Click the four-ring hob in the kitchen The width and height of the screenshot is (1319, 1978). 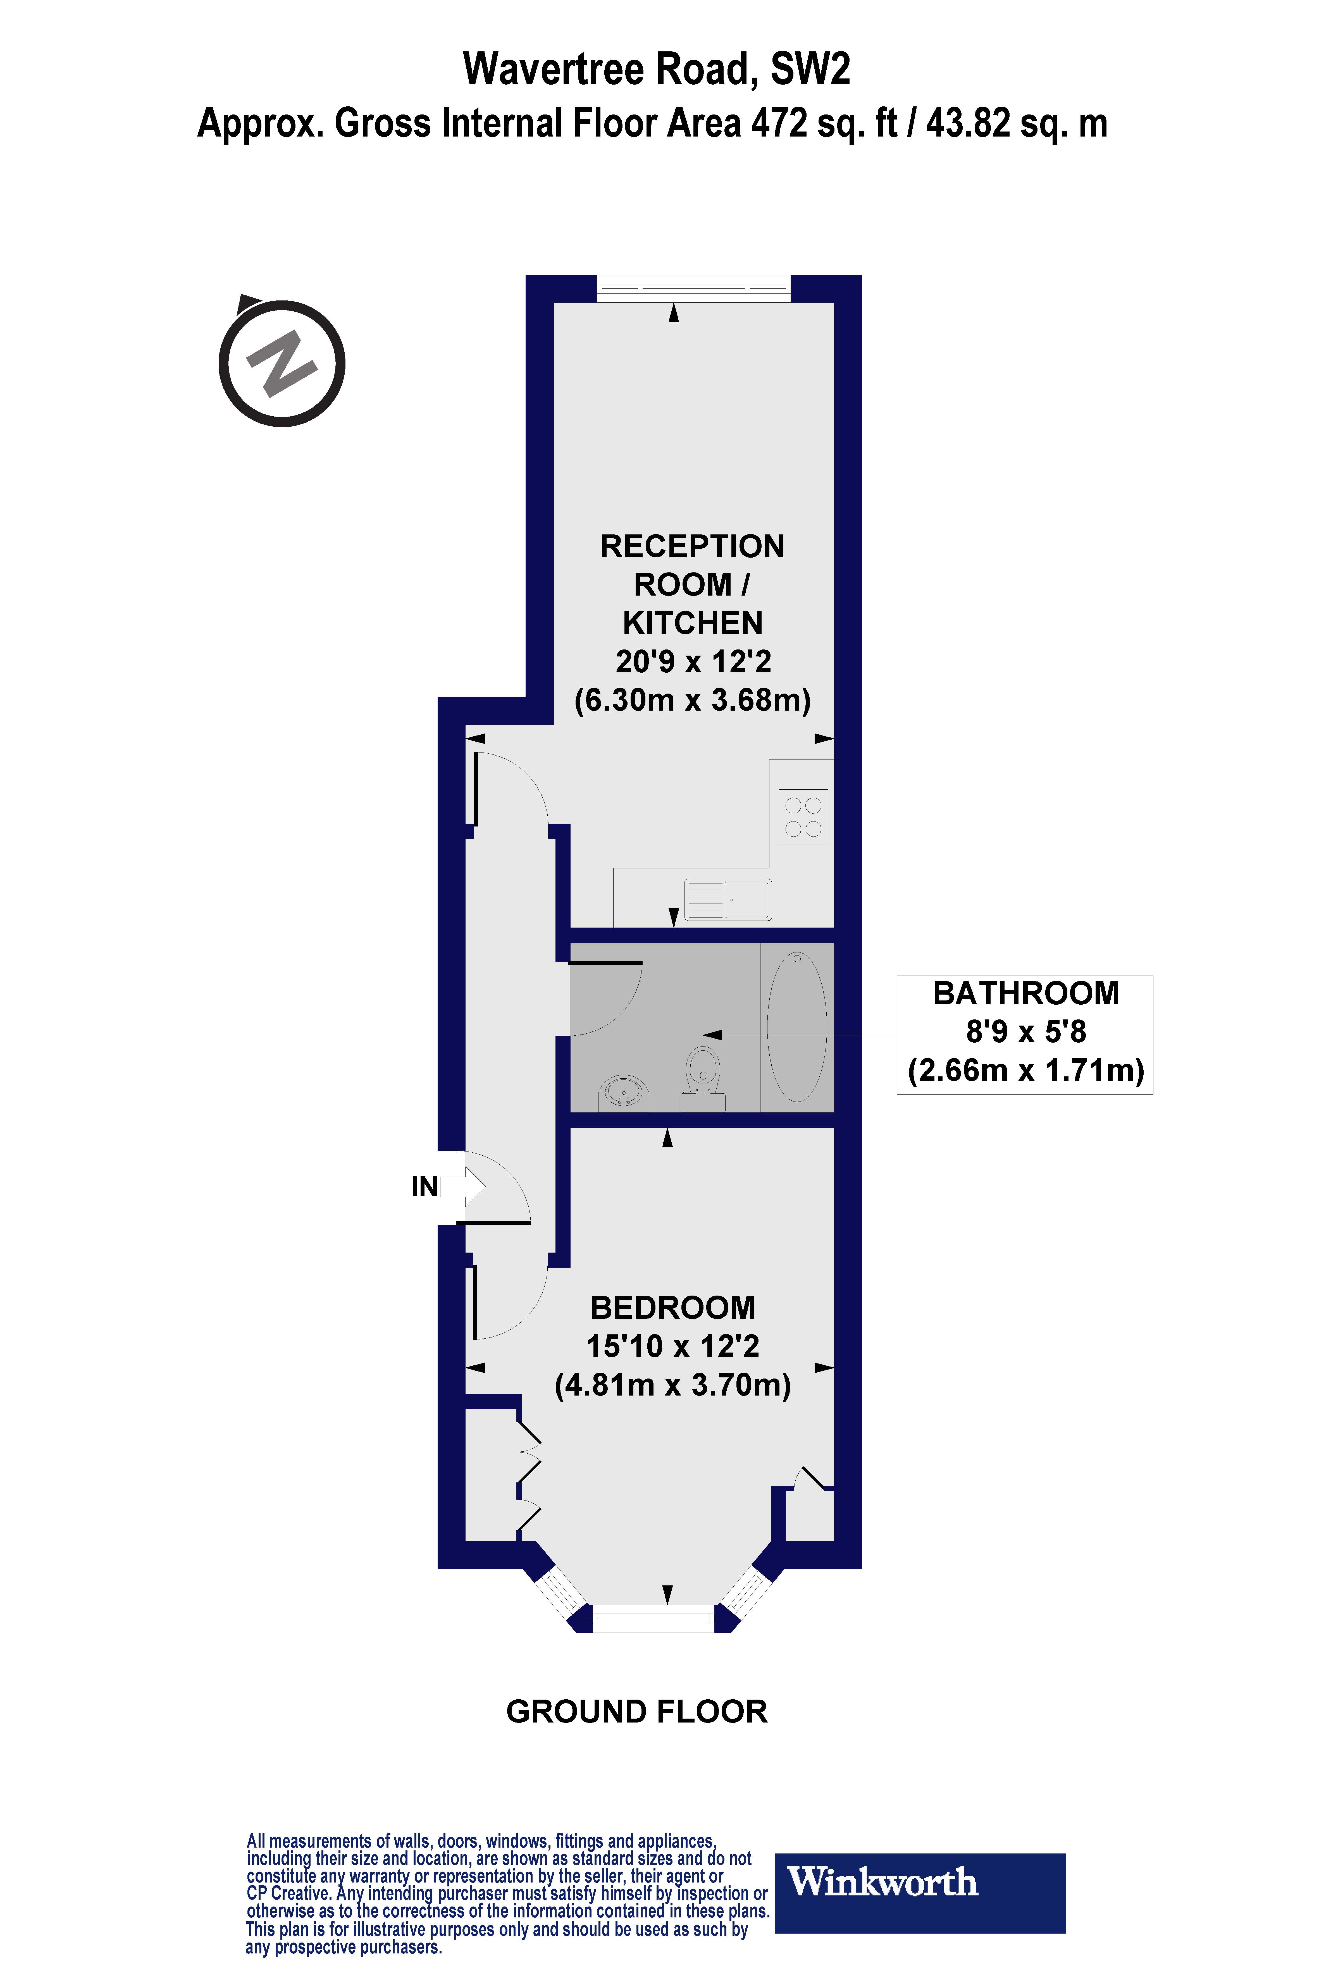803,817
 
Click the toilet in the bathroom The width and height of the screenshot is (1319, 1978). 703,1072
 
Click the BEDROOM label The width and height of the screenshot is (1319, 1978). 672,1308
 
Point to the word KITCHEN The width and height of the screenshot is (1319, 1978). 692,623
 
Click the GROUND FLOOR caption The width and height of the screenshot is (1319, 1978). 637,1711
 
